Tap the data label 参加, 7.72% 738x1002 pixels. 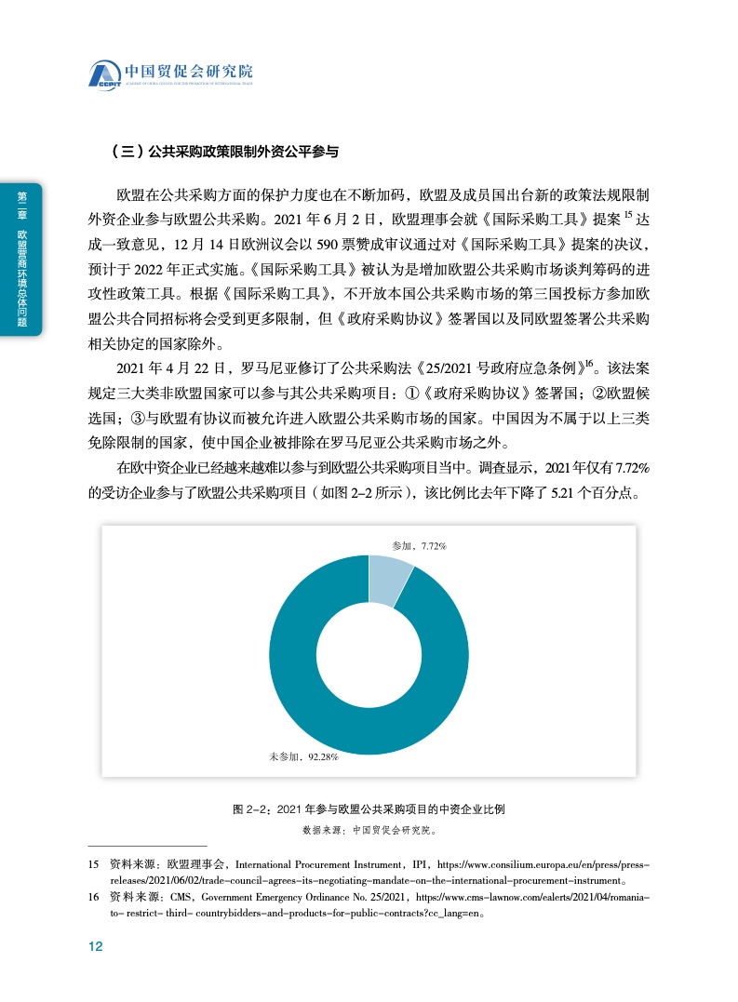(x=420, y=545)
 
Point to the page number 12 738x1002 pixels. (x=94, y=946)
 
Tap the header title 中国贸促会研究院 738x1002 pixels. (x=189, y=70)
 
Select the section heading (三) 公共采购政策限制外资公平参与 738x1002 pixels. (x=224, y=149)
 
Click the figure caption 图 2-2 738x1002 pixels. (x=369, y=809)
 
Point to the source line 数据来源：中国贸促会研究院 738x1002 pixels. (x=369, y=828)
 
